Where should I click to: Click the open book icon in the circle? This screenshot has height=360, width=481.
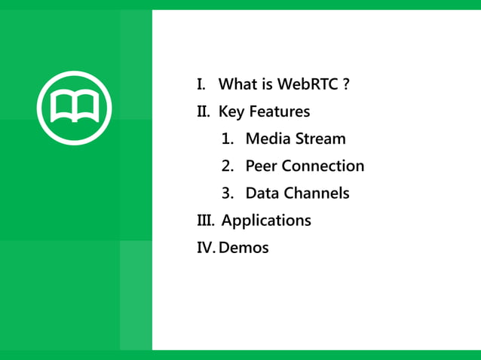(74, 108)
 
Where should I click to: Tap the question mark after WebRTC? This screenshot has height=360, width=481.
(345, 84)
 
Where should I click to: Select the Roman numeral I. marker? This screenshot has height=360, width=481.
(201, 84)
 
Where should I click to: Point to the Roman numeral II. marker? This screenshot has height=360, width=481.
(204, 111)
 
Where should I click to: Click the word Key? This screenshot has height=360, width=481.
(232, 112)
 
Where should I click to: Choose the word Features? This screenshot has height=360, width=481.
(280, 111)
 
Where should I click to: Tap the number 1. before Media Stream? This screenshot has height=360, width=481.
(228, 139)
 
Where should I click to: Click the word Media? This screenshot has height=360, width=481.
(265, 139)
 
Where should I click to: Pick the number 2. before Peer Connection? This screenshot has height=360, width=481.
(228, 166)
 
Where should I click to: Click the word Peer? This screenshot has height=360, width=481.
(262, 166)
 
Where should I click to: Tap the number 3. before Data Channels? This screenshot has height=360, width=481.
(228, 193)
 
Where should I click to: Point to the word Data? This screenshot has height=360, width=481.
(262, 193)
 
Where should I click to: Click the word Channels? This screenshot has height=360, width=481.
(317, 193)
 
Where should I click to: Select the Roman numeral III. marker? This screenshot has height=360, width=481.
(206, 220)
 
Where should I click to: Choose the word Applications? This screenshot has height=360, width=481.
(266, 221)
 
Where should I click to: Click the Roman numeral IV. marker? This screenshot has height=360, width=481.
(206, 247)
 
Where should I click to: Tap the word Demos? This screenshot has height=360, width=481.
(244, 247)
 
